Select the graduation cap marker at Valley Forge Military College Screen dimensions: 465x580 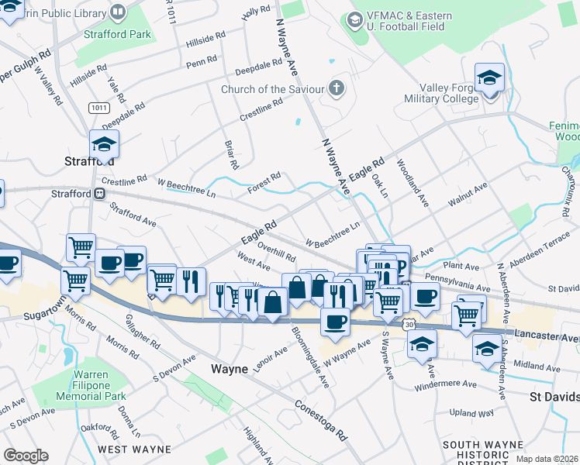pos(489,79)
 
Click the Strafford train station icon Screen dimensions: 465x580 pos(100,194)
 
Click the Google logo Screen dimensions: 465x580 pos(26,455)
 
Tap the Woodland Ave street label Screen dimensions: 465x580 pos(413,183)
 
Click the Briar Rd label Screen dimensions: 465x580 pos(230,154)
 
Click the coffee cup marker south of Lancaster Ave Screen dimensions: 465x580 pos(335,321)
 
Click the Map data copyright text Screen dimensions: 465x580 pos(546,459)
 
